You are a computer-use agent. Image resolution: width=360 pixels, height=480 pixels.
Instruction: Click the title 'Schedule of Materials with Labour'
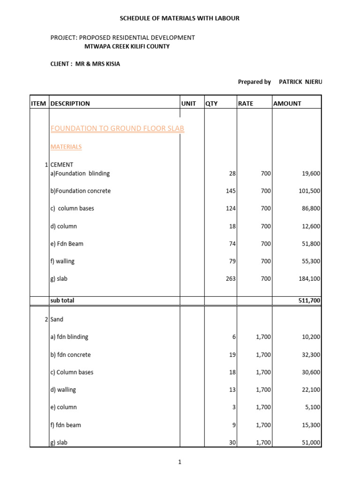click(180, 18)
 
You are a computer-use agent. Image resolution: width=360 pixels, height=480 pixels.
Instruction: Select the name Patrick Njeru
click(300, 82)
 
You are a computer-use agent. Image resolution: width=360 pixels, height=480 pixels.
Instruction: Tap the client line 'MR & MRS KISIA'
click(85, 64)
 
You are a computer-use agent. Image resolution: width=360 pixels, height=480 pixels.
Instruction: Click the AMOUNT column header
click(287, 104)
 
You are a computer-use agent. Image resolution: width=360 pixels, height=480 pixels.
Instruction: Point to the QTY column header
click(211, 104)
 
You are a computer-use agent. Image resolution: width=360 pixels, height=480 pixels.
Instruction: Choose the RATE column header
click(246, 104)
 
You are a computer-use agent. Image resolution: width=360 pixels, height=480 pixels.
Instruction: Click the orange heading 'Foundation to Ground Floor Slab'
click(117, 128)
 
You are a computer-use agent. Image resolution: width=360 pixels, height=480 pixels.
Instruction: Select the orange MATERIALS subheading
click(66, 147)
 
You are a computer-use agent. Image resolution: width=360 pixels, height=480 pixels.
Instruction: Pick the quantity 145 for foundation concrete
click(230, 191)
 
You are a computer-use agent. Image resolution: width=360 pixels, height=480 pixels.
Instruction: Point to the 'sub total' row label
click(62, 300)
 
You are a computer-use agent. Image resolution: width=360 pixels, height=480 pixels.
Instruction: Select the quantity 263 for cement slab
click(230, 279)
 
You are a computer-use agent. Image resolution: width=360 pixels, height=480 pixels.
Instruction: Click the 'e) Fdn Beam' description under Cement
click(67, 244)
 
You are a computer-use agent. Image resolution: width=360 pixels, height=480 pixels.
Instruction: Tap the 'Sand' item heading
click(57, 319)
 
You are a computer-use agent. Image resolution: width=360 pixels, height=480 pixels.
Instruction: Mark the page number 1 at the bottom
click(180, 462)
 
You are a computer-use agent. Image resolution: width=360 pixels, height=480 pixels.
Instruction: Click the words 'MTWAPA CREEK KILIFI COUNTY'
click(127, 46)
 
